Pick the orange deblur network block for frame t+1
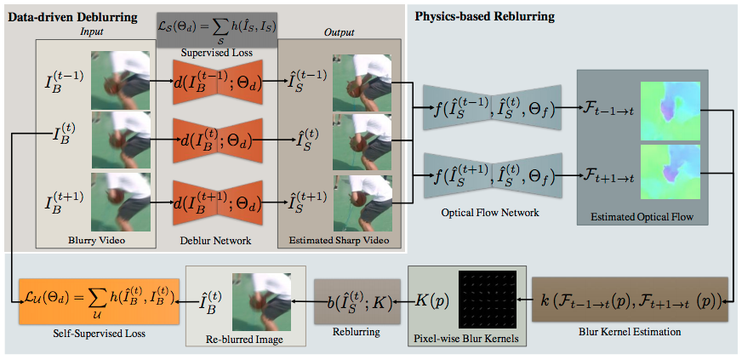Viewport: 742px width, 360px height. [218, 202]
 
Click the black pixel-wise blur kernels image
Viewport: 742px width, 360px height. [488, 300]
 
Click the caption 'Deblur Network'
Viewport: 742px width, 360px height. [217, 241]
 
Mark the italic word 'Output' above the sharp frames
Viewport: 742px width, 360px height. [340, 32]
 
